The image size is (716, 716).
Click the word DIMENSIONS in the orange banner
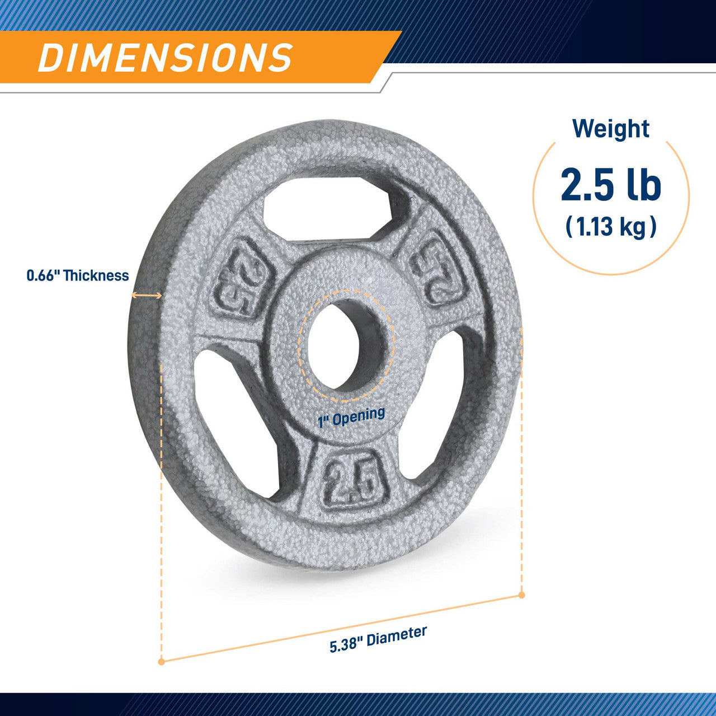tap(165, 57)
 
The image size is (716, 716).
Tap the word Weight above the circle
tap(610, 129)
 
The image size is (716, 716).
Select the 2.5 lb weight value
tap(611, 184)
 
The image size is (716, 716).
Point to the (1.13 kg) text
tap(611, 227)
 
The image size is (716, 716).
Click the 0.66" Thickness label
tap(78, 275)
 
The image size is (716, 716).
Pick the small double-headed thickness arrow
tap(147, 295)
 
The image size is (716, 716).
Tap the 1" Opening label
tap(351, 417)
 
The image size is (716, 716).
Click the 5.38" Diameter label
tap(378, 639)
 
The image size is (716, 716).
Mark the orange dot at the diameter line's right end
tap(521, 595)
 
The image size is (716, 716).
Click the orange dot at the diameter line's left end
tap(162, 661)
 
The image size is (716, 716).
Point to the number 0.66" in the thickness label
tap(43, 275)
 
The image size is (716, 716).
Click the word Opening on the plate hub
tap(360, 415)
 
